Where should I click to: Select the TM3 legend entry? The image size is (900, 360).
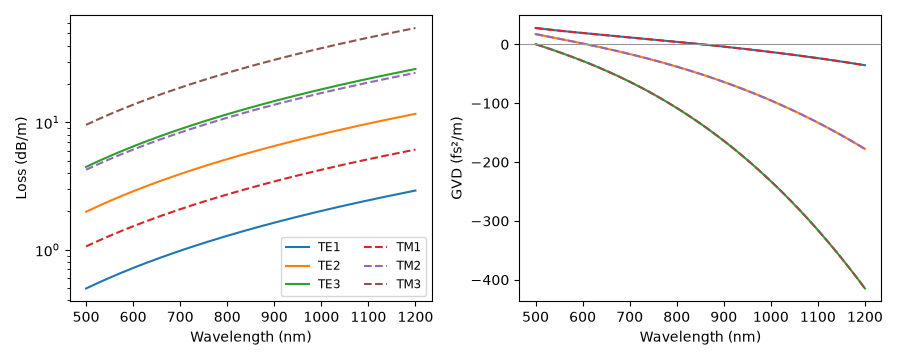pos(396,283)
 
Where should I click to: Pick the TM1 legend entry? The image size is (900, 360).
pos(396,247)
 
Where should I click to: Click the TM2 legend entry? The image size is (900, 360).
pos(396,265)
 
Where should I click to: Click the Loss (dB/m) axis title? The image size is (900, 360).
pos(22,159)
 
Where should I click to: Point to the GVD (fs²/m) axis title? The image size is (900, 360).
pos(457,159)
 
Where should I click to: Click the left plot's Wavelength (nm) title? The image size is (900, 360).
pos(250,337)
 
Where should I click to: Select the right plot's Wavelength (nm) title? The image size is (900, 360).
pos(700,337)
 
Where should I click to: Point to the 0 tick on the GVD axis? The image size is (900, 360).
pos(505,44)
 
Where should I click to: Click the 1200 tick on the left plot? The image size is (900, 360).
pos(415,318)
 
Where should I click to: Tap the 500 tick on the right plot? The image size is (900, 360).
pos(536,318)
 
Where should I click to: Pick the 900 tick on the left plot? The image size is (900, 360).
pos(274,318)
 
